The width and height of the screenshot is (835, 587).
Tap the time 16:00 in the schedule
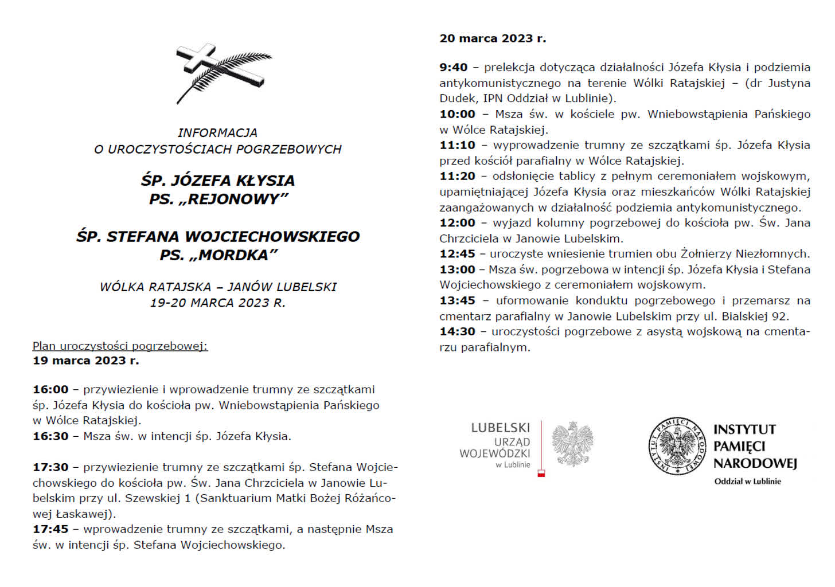click(50, 390)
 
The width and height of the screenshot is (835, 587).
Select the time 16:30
click(50, 436)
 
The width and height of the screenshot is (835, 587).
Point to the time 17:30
click(50, 467)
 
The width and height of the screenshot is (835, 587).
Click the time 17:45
click(50, 529)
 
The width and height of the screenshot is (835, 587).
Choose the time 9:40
click(454, 68)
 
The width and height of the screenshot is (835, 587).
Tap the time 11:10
click(457, 145)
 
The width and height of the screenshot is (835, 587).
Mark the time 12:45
click(457, 253)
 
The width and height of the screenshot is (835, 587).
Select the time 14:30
click(457, 331)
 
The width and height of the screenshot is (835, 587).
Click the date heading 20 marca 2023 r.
click(493, 38)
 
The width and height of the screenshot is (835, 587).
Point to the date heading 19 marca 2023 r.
click(86, 361)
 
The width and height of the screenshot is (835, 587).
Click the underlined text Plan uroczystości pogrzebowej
click(120, 346)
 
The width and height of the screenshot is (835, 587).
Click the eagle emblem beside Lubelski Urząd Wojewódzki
click(572, 444)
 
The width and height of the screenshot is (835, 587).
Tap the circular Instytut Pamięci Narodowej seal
click(677, 445)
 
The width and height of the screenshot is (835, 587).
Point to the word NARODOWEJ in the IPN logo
click(755, 463)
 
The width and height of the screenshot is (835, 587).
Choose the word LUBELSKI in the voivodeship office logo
click(500, 428)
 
